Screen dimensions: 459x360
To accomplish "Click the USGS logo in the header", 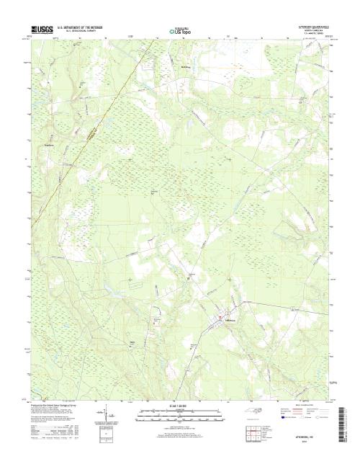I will (35, 28).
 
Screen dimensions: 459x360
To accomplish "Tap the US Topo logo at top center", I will (179, 32).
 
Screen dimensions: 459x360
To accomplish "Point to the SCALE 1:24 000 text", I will (179, 406).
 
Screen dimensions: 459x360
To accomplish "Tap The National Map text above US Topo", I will (179, 27).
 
